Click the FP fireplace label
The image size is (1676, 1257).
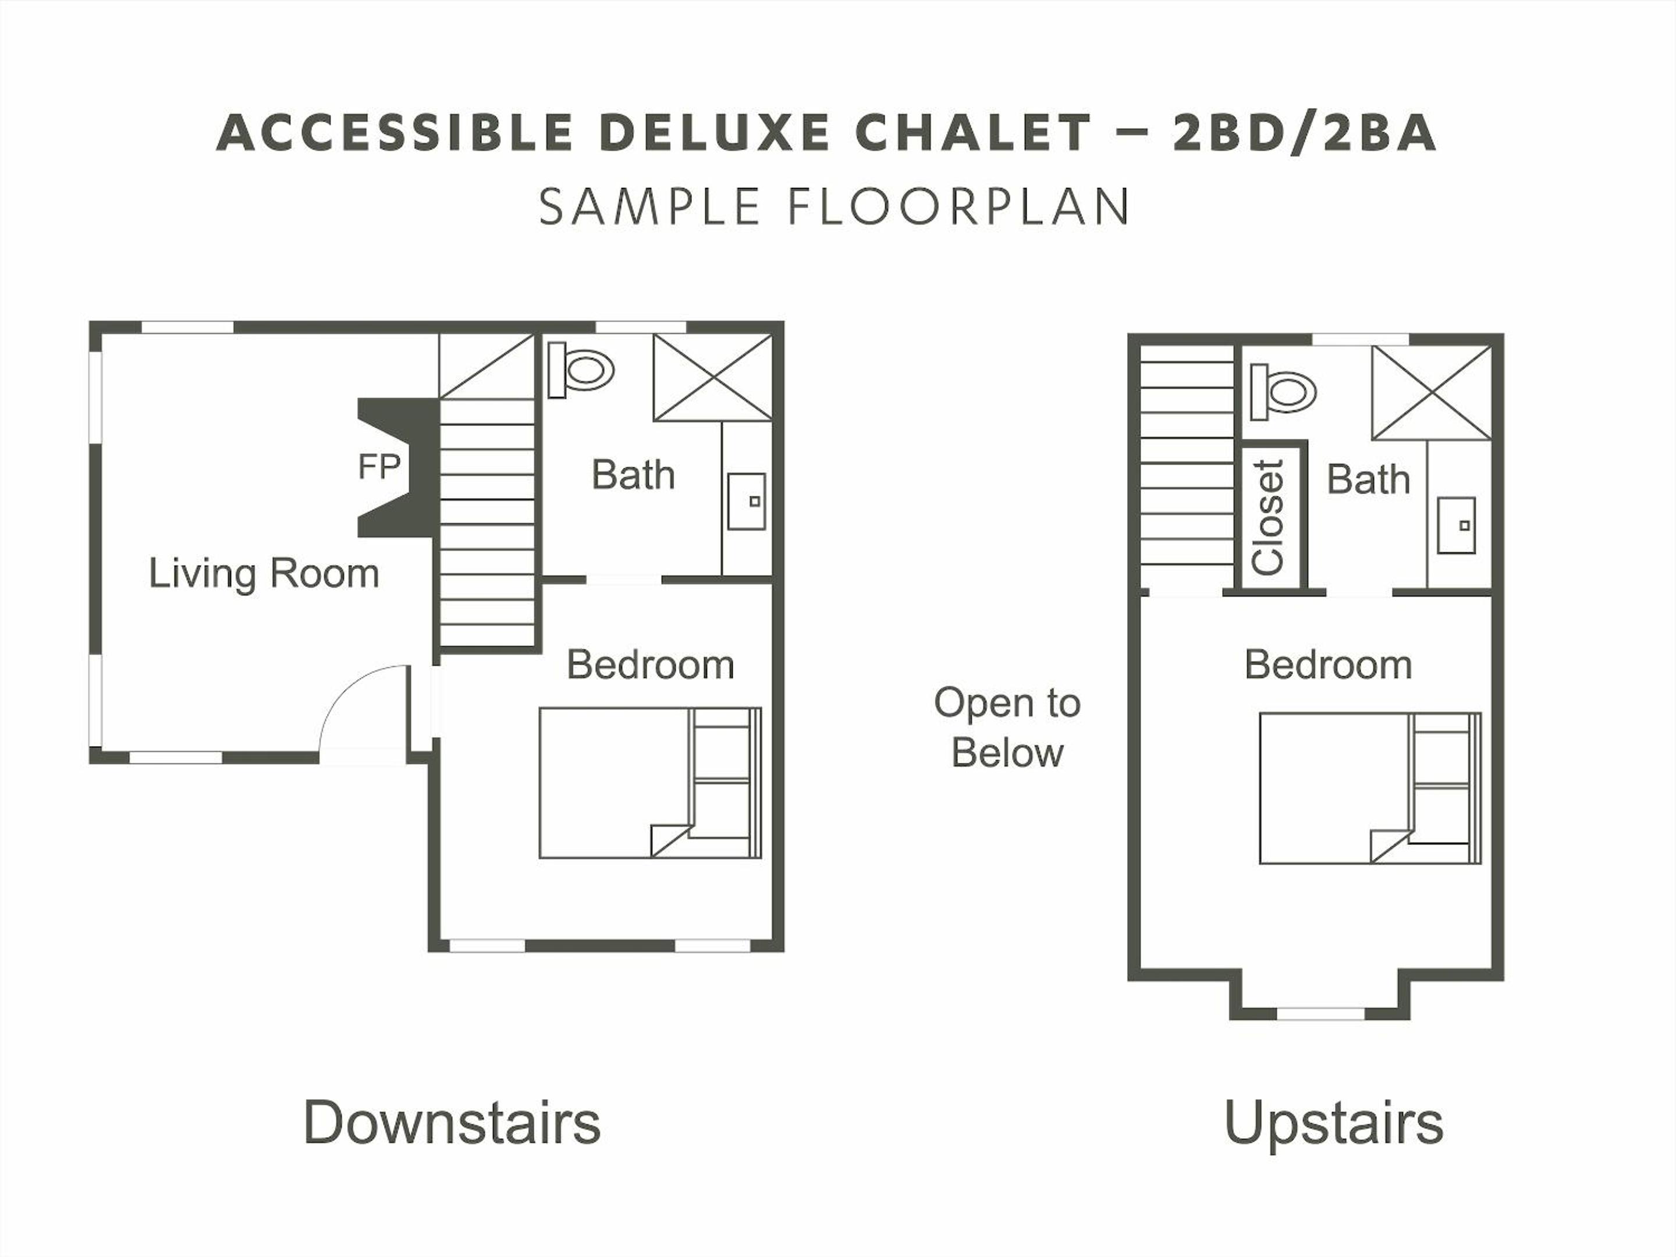point(379,467)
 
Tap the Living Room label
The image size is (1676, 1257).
point(264,574)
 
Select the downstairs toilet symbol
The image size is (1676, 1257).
point(580,369)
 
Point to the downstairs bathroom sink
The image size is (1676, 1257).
point(746,501)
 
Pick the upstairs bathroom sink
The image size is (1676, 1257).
point(1456,525)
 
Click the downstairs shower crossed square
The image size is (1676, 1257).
point(713,377)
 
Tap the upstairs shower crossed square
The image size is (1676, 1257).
point(1431,392)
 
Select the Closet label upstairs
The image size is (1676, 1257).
point(1269,517)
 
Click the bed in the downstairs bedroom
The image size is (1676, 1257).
point(650,783)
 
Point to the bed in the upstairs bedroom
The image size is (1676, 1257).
point(1370,788)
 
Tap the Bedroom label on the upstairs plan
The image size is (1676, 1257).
point(1328,665)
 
